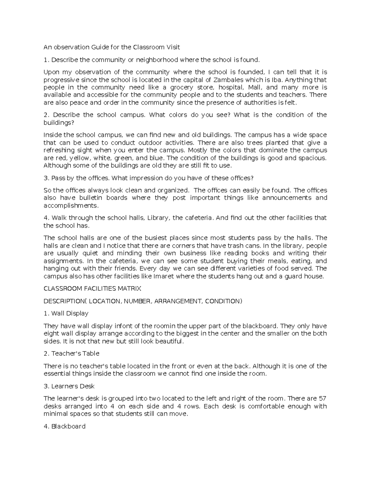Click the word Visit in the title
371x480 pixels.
pyautogui.click(x=173, y=47)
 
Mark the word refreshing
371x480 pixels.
pyautogui.click(x=59, y=150)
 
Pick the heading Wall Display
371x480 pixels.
pyautogui.click(x=70, y=313)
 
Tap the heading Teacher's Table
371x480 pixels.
pyautogui.click(x=75, y=354)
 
